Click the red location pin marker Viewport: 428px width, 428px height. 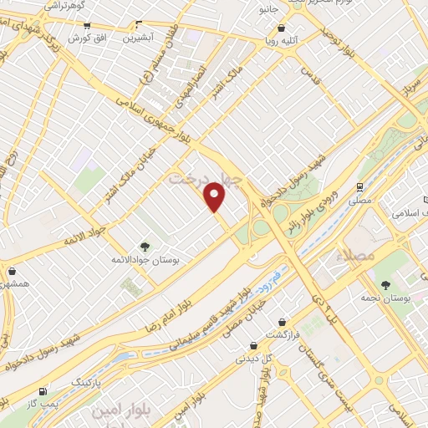click(216, 197)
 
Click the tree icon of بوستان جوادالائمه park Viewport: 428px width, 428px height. click(145, 246)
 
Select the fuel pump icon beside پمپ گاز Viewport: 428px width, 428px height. click(43, 391)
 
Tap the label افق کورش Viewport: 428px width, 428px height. click(84, 38)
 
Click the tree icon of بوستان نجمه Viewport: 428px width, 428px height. click(385, 287)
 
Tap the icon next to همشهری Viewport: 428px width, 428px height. click(13, 271)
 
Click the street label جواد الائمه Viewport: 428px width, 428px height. click(85, 233)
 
